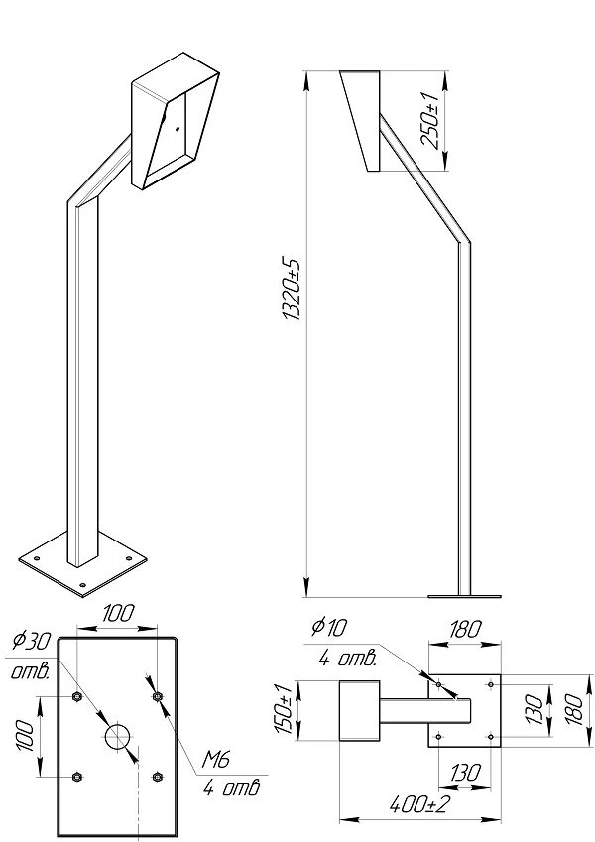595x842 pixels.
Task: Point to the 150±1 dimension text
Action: (282, 709)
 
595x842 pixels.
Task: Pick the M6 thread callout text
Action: (217, 761)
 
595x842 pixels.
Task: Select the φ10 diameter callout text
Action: (329, 626)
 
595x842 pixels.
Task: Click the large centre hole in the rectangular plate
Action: (117, 736)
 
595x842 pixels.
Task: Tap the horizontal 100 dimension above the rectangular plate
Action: (117, 614)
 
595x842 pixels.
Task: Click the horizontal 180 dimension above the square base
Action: (464, 629)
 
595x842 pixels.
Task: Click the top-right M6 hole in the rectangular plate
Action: (157, 697)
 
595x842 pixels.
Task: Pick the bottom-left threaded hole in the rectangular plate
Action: (77, 776)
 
